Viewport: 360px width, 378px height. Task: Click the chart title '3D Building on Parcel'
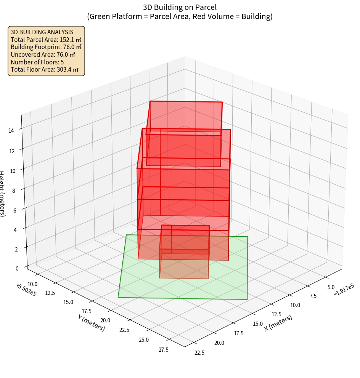click(180, 7)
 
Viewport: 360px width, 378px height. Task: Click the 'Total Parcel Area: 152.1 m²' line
click(46, 40)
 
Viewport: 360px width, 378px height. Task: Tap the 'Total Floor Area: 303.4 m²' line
click(44, 70)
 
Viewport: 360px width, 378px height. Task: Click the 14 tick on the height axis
click(11, 130)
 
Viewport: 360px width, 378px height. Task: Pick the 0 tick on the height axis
click(17, 268)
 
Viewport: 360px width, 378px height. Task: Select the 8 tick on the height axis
click(13, 191)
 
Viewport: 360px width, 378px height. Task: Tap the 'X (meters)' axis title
click(278, 323)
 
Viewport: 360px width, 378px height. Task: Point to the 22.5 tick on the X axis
click(199, 352)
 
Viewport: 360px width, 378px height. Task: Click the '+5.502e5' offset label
click(26, 289)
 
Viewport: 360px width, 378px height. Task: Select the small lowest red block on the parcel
click(185, 263)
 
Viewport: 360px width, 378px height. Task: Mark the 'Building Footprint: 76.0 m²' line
click(46, 47)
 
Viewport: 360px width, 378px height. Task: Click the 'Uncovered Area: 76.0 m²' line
click(43, 54)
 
